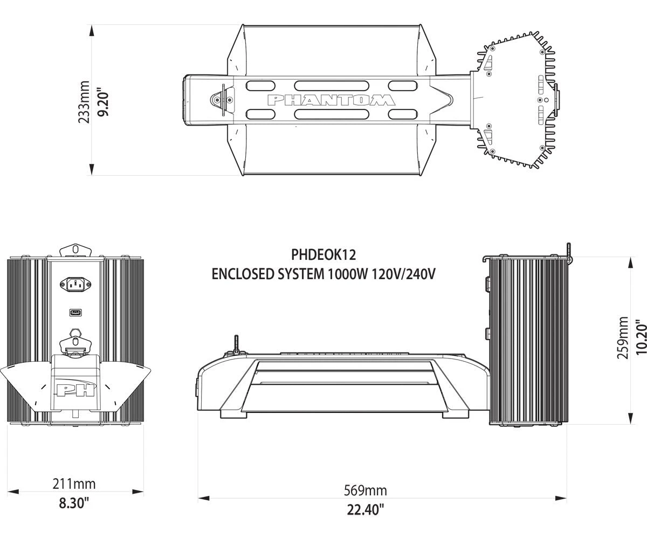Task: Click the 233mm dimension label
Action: pyautogui.click(x=84, y=102)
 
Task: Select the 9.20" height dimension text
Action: pyautogui.click(x=104, y=102)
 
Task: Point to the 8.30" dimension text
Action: pyautogui.click(x=74, y=503)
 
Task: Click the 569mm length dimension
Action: pyautogui.click(x=365, y=490)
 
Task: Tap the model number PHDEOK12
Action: pyautogui.click(x=323, y=254)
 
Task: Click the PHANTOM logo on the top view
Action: pyautogui.click(x=331, y=100)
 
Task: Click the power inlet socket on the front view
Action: pyautogui.click(x=75, y=283)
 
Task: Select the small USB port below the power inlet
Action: pyautogui.click(x=75, y=312)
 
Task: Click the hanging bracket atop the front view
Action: pyautogui.click(x=75, y=250)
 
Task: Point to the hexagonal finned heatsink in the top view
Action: pyautogui.click(x=515, y=100)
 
